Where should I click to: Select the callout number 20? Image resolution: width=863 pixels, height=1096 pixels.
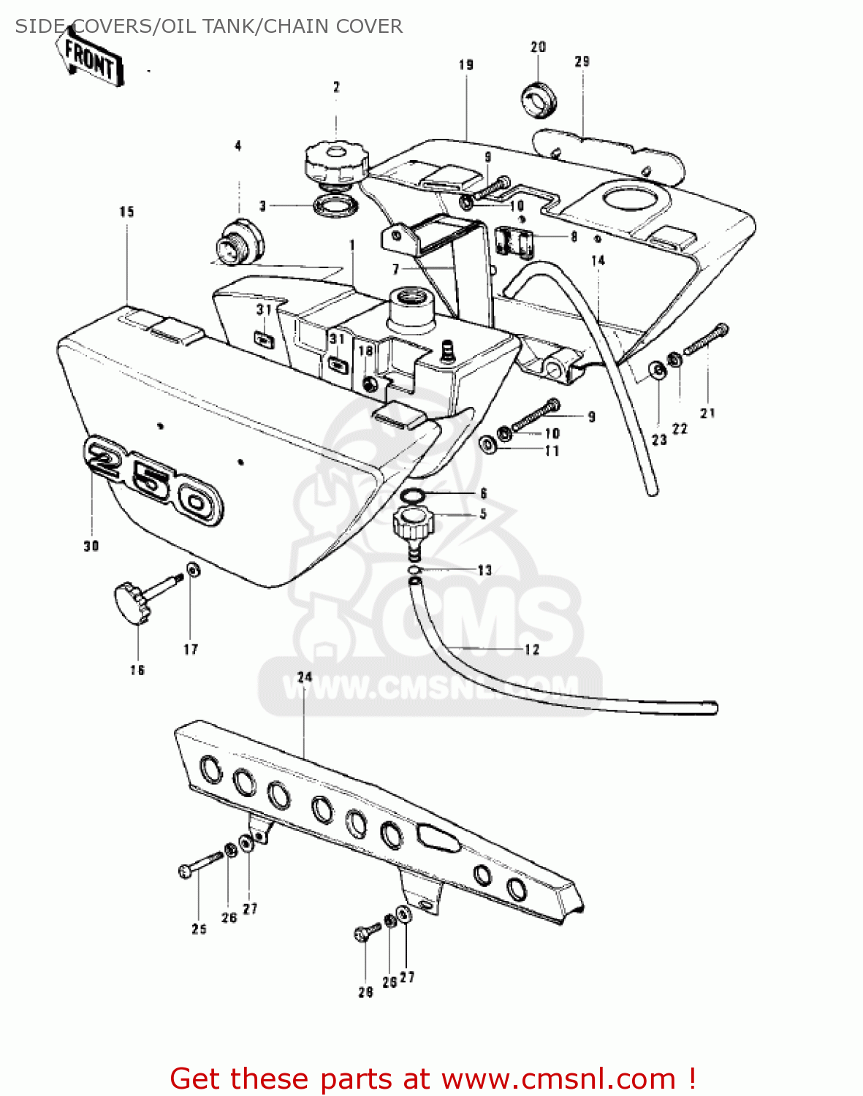pos(538,47)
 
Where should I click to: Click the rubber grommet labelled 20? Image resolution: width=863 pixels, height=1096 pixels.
pos(539,99)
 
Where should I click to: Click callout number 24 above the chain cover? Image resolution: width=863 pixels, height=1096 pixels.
pos(305,677)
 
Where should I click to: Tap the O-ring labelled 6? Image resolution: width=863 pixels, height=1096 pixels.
pos(414,496)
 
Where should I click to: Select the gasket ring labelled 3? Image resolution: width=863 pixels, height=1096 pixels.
pos(336,206)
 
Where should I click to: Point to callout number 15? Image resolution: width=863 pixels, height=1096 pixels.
pos(127,212)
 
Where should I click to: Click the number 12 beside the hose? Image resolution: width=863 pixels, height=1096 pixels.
pos(531,649)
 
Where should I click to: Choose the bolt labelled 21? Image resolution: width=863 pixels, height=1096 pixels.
pos(705,339)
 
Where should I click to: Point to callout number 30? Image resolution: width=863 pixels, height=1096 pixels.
pos(91,546)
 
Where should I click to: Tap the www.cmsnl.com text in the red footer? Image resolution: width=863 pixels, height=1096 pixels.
pos(558,1078)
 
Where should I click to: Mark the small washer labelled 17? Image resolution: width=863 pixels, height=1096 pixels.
pos(192,569)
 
